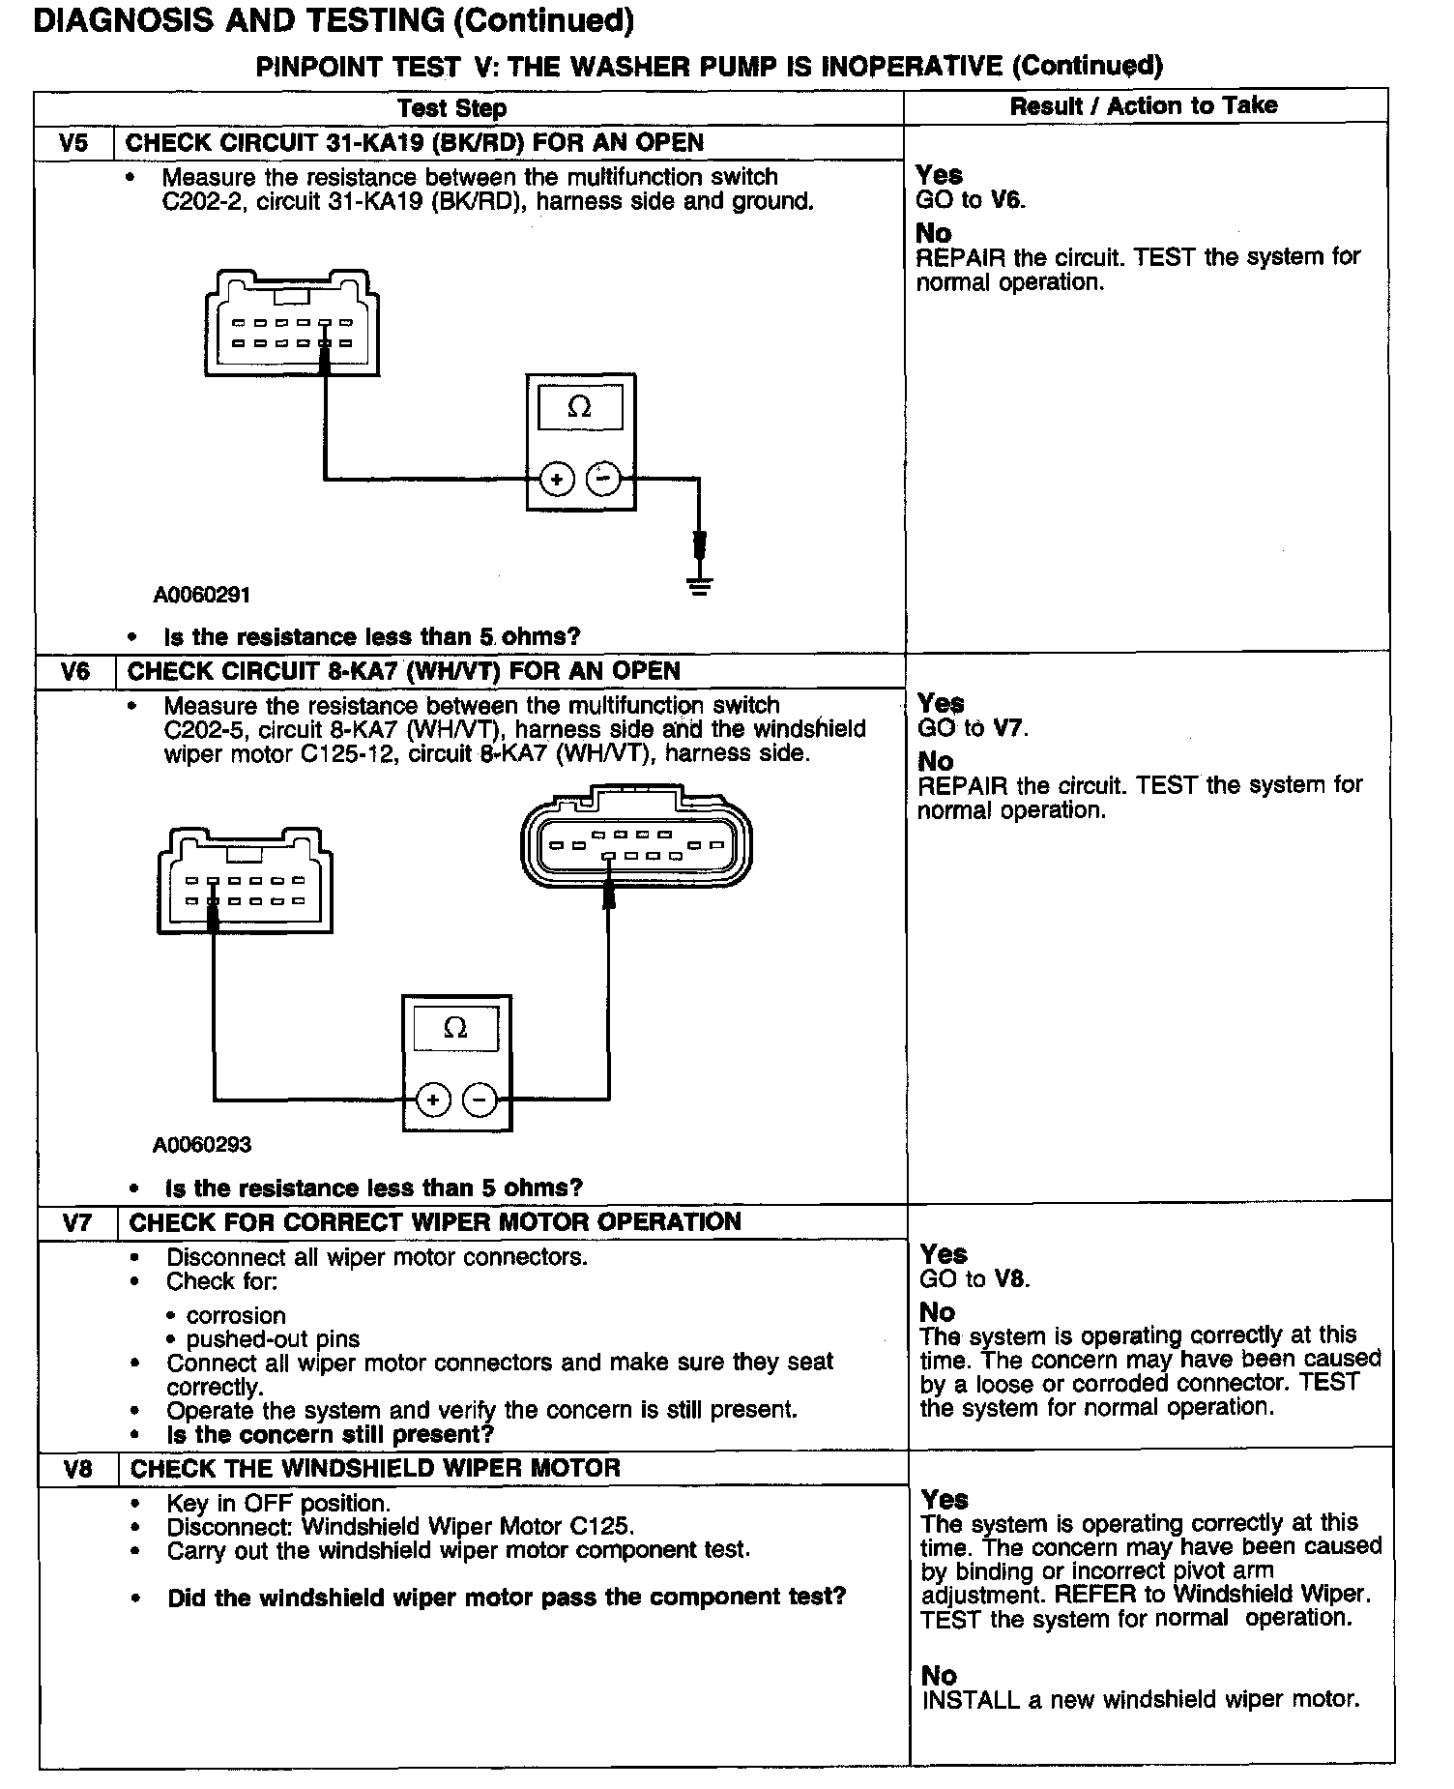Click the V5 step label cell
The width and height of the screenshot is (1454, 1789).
(x=73, y=143)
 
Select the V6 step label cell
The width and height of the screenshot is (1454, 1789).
(x=74, y=671)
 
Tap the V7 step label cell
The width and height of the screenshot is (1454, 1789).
(x=76, y=1222)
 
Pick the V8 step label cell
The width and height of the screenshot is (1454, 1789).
(x=77, y=1468)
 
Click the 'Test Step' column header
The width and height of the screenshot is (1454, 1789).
(x=451, y=108)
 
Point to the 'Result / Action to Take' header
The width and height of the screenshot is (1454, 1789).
(x=1144, y=106)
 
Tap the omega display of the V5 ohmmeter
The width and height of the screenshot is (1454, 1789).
(x=580, y=407)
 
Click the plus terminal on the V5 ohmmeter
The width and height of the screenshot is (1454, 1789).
(x=557, y=479)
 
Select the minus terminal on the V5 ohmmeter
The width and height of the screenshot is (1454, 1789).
(x=604, y=479)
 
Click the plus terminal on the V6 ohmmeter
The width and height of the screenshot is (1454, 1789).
(x=433, y=1100)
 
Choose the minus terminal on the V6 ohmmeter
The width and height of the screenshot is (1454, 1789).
(x=480, y=1100)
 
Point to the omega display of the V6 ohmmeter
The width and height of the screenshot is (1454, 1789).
(x=455, y=1028)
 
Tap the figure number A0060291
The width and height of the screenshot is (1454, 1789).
(x=201, y=595)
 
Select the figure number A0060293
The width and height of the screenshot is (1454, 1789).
(x=201, y=1145)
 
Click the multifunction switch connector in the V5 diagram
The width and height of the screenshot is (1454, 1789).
(x=292, y=321)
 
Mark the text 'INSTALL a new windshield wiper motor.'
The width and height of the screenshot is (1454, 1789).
(x=1141, y=1699)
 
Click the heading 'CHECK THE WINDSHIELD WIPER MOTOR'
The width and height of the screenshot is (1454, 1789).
(x=375, y=1468)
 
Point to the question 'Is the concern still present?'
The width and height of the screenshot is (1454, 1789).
(x=330, y=1434)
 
